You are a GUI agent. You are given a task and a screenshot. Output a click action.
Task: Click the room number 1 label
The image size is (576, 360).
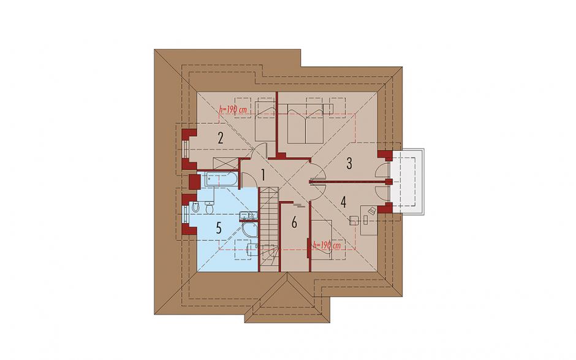coord(263,175)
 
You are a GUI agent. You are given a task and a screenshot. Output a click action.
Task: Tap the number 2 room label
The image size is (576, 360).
coord(221,138)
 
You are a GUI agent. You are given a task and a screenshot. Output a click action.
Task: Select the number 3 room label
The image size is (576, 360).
coord(349,163)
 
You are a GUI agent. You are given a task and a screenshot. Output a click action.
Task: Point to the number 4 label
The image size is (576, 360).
coord(344,202)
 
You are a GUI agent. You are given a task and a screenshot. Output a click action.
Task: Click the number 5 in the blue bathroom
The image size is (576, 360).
coord(219,228)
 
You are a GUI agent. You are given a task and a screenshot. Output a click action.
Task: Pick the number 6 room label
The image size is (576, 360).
coord(294,222)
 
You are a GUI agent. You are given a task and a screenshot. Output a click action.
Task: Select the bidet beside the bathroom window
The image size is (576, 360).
coord(194,207)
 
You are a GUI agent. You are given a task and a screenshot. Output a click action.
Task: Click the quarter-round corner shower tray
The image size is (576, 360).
coord(250,230)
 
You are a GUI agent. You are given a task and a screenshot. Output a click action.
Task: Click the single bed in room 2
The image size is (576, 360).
coord(265,121)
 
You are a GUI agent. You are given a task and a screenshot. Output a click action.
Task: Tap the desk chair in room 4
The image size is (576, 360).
coord(354,220)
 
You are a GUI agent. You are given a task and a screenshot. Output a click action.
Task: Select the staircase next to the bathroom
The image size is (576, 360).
coord(269,228)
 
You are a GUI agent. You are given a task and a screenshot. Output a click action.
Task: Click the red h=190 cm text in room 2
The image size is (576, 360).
coord(233,109)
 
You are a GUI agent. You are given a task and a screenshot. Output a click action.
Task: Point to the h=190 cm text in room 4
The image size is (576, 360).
coord(327,245)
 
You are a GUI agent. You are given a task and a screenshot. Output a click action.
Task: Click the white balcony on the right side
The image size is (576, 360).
coord(407,182)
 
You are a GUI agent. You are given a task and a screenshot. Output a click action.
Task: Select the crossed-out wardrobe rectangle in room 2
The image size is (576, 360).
coord(225,163)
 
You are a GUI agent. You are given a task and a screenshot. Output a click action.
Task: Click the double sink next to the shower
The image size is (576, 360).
coord(248,216)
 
